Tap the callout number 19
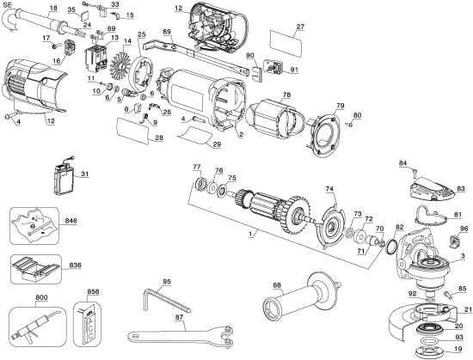(457, 350)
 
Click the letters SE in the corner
(8, 4)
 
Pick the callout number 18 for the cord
(52, 8)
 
